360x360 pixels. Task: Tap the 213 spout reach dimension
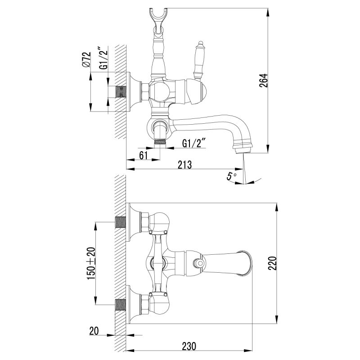[184, 165]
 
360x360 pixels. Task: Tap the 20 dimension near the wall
[94, 331]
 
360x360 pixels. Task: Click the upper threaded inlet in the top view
[121, 222]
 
